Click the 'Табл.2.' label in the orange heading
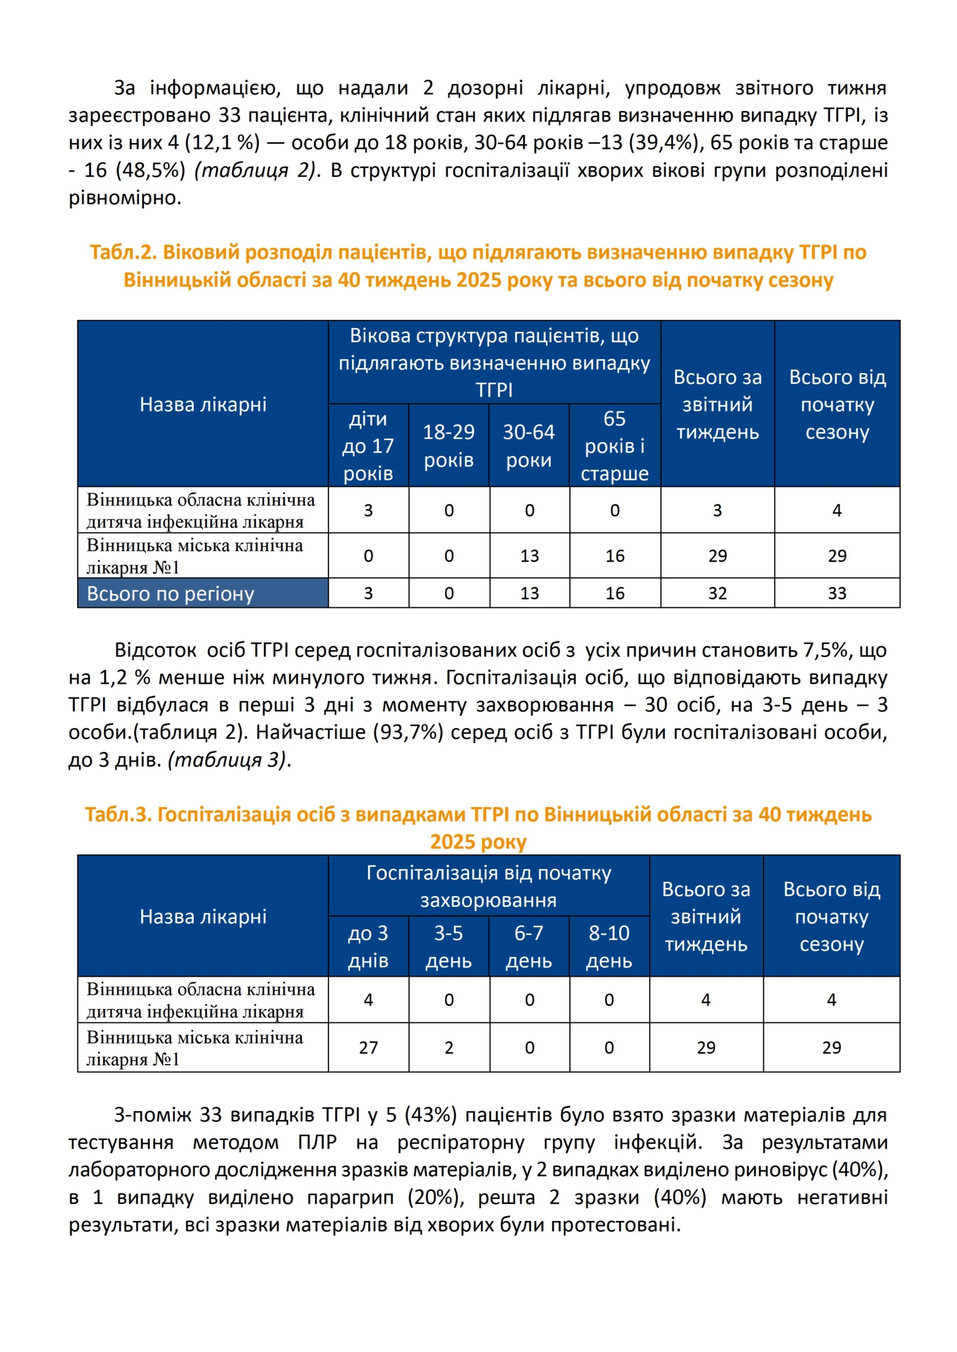123,253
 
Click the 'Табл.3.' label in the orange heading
118,815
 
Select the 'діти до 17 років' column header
368,446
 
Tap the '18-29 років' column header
449,446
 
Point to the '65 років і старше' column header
614,446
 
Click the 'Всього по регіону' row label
170,594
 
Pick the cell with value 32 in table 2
717,594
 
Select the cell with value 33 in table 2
837,594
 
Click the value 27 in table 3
368,1047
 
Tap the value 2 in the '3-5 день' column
449,1047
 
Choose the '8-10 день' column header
609,947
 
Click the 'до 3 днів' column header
368,947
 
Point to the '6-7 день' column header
529,947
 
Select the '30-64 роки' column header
529,446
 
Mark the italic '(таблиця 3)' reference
227,760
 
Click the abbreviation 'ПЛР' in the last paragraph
317,1143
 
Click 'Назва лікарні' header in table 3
203,917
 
